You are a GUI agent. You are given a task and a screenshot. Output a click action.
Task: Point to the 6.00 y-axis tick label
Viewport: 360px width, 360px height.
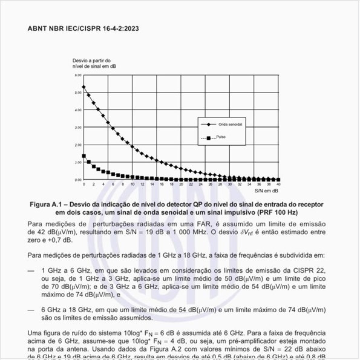click(x=77, y=75)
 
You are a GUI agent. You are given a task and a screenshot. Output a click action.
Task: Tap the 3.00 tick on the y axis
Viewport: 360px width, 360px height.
click(x=77, y=127)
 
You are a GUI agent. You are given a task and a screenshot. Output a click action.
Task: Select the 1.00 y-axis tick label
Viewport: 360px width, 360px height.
click(x=77, y=162)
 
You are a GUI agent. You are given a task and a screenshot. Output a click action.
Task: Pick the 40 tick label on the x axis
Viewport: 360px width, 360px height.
click(x=278, y=183)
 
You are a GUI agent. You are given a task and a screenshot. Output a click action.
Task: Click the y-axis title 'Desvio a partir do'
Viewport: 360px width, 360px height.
click(x=91, y=61)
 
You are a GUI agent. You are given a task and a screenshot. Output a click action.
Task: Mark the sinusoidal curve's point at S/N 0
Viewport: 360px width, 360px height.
click(x=84, y=87)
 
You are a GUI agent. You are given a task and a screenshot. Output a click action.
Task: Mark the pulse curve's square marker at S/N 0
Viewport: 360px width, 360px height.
click(x=84, y=156)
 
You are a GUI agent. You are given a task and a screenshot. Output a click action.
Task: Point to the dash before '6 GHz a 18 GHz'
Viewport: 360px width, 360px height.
click(x=31, y=309)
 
